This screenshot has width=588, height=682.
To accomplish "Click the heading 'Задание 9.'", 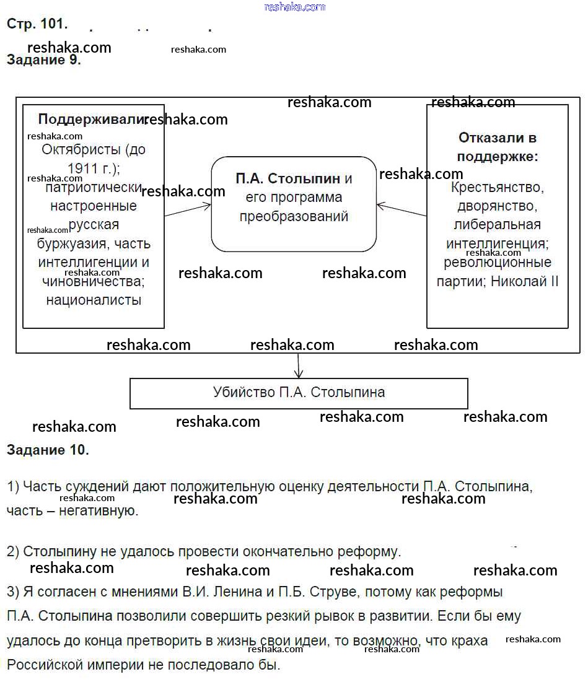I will click(x=44, y=60).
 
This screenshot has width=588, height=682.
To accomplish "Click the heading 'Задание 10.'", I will click(x=48, y=450).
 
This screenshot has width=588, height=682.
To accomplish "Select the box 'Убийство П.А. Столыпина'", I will click(x=299, y=393).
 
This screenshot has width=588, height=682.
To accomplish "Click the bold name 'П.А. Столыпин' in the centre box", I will click(x=287, y=179).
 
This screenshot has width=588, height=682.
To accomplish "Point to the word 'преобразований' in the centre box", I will click(x=294, y=217).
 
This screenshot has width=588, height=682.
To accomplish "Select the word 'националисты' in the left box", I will click(x=94, y=300).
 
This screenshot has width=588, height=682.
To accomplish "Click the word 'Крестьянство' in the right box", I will click(x=497, y=186).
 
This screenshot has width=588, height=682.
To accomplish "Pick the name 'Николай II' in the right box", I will click(x=525, y=281).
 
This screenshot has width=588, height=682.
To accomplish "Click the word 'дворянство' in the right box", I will click(x=497, y=205).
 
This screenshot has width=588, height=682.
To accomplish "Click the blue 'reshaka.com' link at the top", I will click(x=294, y=7).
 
